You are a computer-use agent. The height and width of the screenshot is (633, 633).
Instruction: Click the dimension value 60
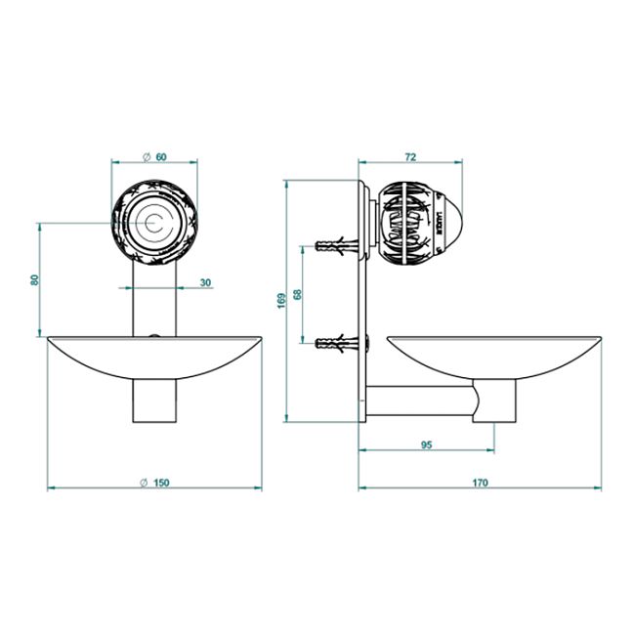tap(161, 156)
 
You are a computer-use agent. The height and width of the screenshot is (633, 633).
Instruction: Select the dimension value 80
tap(35, 279)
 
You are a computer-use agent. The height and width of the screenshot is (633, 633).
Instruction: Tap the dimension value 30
tap(205, 282)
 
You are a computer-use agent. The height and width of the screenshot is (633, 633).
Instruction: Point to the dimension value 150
tap(161, 483)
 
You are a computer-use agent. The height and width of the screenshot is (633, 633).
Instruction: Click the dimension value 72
tap(410, 156)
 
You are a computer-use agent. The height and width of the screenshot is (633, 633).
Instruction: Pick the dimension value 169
tap(281, 301)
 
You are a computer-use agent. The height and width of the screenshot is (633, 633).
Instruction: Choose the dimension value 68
tap(298, 294)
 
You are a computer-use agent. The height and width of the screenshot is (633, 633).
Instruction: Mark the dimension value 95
tap(426, 444)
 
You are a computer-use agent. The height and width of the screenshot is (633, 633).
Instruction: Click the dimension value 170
tap(480, 483)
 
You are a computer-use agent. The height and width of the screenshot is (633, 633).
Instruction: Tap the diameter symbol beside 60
tap(147, 157)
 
